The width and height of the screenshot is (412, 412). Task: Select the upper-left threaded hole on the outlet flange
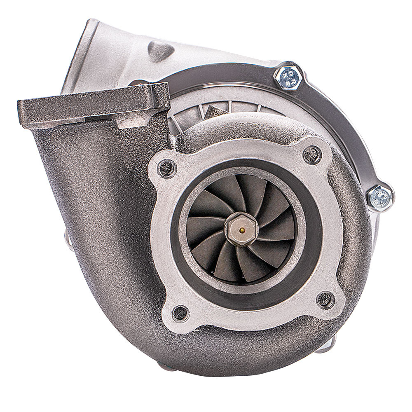(169, 166)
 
